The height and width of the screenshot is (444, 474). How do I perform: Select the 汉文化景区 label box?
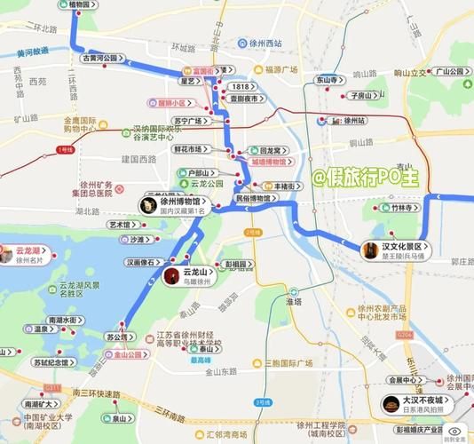point(397,250)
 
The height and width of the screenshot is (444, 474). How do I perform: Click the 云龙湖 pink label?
point(28,255)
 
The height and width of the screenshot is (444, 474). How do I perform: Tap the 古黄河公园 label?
point(100,58)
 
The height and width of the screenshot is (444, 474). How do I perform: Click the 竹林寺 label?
point(402,207)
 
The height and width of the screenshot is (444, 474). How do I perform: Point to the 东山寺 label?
point(330,80)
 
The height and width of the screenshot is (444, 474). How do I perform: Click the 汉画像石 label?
point(144,263)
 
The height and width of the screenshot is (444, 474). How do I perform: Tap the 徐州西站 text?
point(265,41)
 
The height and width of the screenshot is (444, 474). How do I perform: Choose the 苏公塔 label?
point(118,337)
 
